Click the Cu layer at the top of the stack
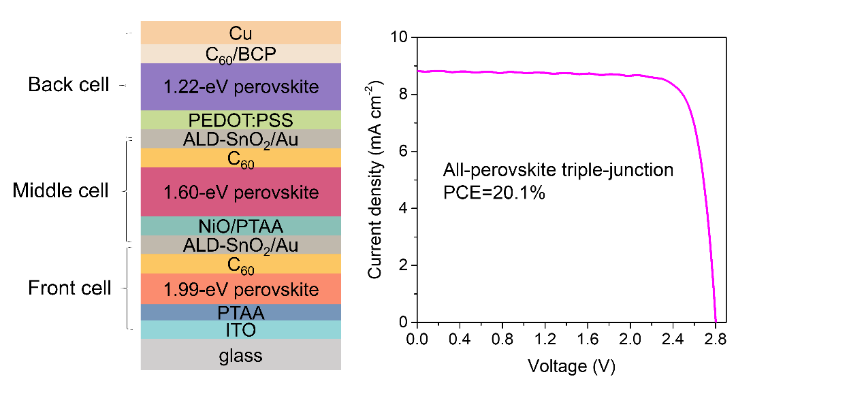point(241,33)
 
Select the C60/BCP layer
point(241,54)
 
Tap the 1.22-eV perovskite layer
point(241,87)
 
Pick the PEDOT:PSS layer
point(241,120)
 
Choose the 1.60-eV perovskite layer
point(241,192)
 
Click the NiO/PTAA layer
point(241,226)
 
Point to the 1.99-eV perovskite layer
point(241,289)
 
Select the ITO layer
point(241,330)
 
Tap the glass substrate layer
point(241,354)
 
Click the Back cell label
point(69,84)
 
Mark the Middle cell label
point(61,190)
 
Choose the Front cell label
point(69,288)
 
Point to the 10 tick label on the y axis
point(399,37)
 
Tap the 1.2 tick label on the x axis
point(545,339)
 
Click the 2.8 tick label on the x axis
point(715,339)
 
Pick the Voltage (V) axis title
point(571,366)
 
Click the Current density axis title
point(374,180)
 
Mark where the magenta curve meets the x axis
point(716,322)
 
